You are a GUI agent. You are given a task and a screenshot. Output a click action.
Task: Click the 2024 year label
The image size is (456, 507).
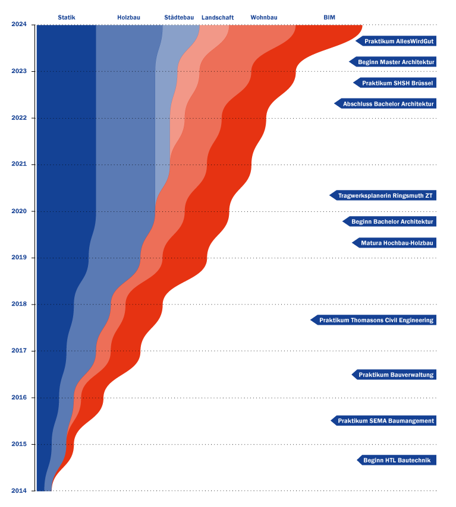[19, 24]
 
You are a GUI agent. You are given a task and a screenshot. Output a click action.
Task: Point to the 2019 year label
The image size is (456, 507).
[19, 258]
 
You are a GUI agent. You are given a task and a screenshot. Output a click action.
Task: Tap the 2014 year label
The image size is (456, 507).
[19, 491]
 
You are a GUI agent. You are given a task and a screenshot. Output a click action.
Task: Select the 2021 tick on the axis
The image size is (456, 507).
[19, 164]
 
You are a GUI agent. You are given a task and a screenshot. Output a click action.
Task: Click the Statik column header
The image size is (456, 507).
[67, 18]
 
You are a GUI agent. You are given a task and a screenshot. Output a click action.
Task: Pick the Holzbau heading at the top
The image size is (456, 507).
[128, 18]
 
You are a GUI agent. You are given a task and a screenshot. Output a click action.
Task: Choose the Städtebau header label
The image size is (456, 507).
[179, 18]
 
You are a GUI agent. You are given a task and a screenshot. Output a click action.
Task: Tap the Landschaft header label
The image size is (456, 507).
[218, 18]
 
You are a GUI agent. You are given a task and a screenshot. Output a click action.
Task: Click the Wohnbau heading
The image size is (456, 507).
[264, 18]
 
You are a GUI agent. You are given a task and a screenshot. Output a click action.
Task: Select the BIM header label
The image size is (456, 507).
[329, 18]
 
